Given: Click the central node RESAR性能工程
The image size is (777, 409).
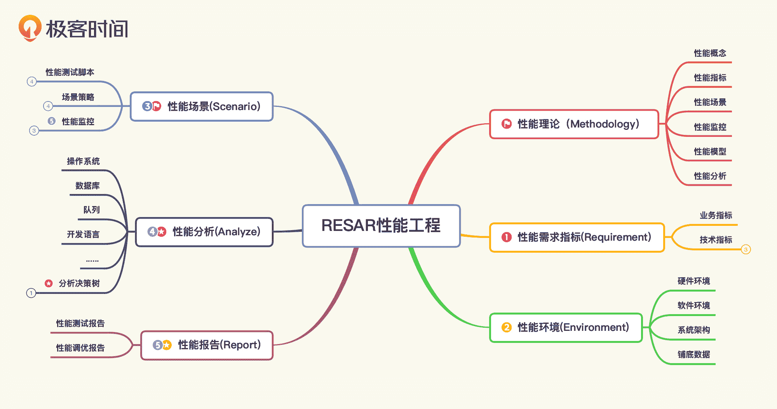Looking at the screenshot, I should point(381,225).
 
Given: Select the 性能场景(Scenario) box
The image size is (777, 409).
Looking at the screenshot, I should point(202,106).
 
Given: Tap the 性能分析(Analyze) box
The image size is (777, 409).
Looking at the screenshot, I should point(204,232).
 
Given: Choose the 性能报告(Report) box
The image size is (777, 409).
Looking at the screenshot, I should point(207,345).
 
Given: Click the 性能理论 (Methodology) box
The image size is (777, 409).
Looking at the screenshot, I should point(574,124).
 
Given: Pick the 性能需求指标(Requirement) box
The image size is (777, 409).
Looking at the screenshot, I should point(577,237).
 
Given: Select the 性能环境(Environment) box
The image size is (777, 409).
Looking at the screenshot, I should point(566,327).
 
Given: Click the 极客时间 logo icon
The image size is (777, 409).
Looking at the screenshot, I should point(30,28).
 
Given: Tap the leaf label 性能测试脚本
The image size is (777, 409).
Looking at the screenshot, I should point(70,72).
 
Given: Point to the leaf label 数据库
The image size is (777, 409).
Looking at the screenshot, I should point(87,186).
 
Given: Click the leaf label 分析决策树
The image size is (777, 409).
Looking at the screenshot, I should point(79,283).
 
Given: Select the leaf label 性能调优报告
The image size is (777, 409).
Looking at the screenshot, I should point(80,348).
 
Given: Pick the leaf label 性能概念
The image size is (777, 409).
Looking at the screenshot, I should point(710,53).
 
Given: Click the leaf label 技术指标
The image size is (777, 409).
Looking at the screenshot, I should point(716,240).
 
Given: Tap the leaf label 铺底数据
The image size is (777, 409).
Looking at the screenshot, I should point(693,355).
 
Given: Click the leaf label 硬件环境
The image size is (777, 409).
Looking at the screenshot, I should point(693,281).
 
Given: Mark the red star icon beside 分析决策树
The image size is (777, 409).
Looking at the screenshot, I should point(49,283).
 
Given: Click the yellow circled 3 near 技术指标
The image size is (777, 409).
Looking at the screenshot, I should point(746,250).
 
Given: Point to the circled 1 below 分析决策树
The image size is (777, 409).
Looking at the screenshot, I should point(31,293).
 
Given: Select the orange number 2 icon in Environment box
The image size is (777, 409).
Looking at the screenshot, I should point(506,327).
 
